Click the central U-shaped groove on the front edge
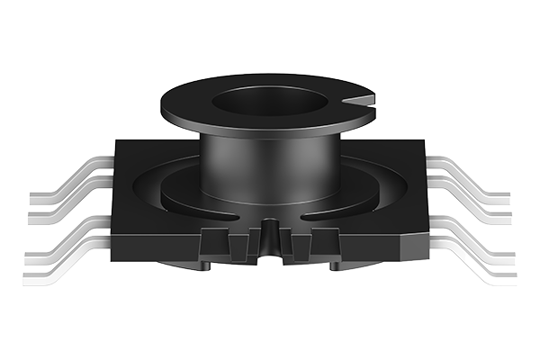click(268, 240)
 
